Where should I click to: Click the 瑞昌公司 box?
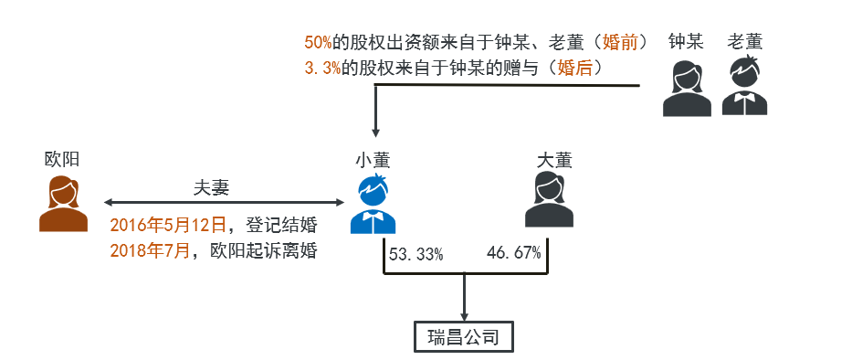pos(464,337)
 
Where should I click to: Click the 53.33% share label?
pos(416,254)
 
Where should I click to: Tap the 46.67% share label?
pos(514,252)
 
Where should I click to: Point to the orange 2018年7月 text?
pos(152,250)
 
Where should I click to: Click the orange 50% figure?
pos(319,42)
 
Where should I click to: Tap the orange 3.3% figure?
pos(322,69)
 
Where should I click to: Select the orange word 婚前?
pos(621,42)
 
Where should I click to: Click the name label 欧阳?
pos(62,159)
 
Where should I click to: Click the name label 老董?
pos(744,41)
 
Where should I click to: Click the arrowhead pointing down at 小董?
pos(373,134)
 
